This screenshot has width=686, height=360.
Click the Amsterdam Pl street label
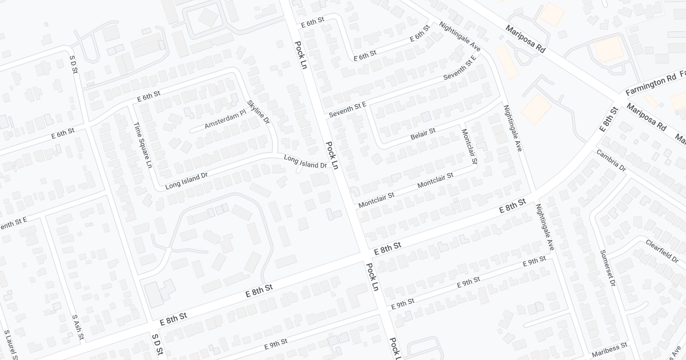(225, 119)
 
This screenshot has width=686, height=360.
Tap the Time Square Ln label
(143, 145)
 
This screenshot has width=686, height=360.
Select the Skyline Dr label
(258, 113)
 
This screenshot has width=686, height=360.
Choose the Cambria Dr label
(611, 161)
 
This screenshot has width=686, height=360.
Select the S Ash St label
(78, 327)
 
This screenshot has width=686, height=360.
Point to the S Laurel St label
(8, 345)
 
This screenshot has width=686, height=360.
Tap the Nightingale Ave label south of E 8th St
(545, 227)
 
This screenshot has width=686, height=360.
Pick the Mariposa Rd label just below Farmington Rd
(647, 117)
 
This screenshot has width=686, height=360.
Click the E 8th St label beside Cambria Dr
(609, 119)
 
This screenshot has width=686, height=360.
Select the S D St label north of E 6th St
(74, 67)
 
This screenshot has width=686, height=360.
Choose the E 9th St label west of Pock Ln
(276, 345)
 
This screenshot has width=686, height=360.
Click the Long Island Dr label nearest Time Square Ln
(183, 182)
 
